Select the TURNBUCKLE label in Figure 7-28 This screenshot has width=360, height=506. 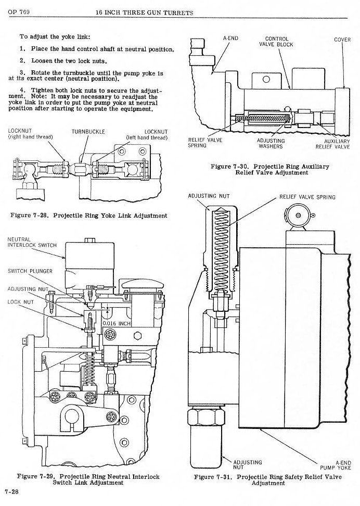coord(88,132)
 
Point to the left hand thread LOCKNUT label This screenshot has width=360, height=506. coord(147,134)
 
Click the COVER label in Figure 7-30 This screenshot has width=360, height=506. coord(342,39)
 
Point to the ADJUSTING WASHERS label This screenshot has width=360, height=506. coord(271,144)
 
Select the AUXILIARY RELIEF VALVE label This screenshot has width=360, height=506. coord(336,144)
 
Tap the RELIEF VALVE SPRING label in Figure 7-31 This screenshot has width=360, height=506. coord(307,197)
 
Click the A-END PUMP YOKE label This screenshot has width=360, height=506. coord(342,465)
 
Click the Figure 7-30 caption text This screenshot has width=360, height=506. coord(270,169)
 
